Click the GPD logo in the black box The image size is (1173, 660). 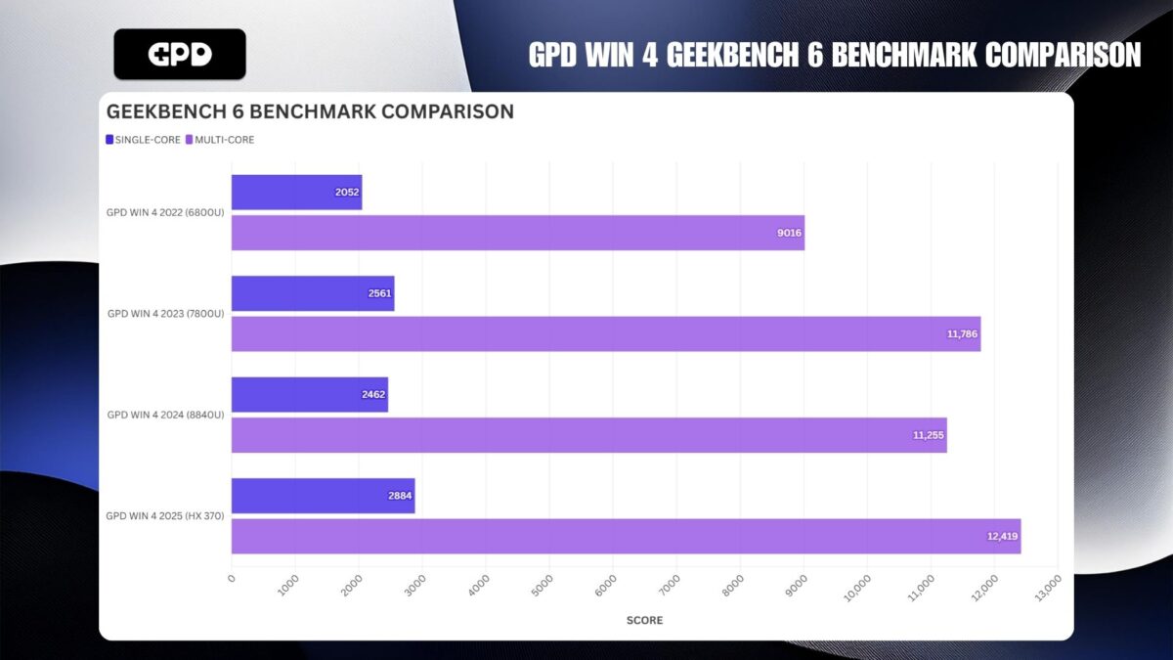(180, 54)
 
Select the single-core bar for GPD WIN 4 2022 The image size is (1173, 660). (296, 193)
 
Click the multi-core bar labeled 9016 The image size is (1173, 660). (518, 233)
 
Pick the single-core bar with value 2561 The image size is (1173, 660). (313, 293)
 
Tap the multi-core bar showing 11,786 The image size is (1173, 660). (606, 334)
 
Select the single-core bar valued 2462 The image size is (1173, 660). (310, 395)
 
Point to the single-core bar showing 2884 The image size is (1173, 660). (324, 496)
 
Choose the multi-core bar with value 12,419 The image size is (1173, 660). (626, 537)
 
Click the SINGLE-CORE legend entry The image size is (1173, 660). (143, 140)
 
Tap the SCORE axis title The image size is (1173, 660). (644, 621)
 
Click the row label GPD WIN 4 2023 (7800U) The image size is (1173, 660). (165, 314)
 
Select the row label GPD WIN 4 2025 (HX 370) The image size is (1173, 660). (165, 516)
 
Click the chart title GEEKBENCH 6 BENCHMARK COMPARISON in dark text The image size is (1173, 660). (309, 111)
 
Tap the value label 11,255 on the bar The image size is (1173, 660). (928, 435)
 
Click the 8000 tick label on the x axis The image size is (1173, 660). (736, 585)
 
